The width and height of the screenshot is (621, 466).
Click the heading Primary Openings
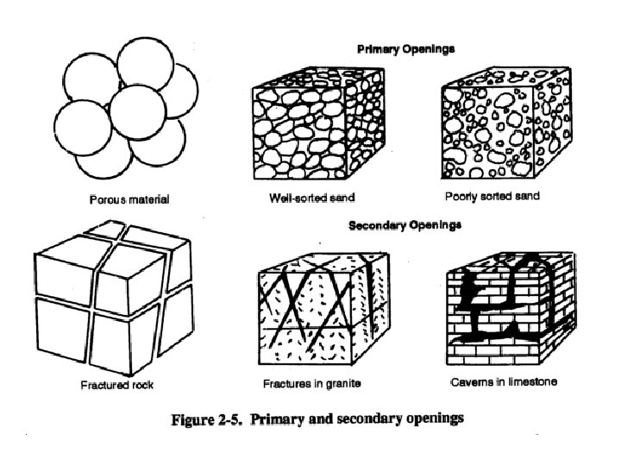coord(405,49)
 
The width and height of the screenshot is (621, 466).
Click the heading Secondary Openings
coord(405,225)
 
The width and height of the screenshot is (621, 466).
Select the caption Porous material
coord(129,199)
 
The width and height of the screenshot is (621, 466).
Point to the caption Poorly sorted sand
coord(492,196)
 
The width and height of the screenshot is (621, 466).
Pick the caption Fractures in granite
coord(310,382)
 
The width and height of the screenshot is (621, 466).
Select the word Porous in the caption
coord(109,199)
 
